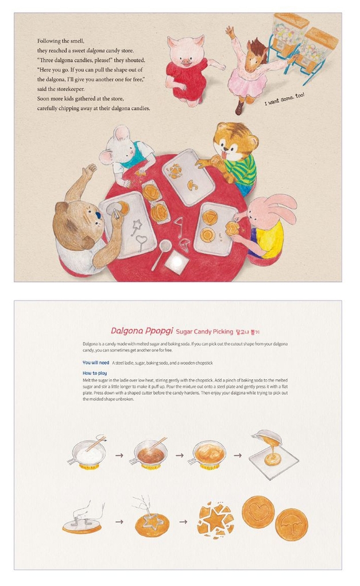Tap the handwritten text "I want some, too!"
point(285,99)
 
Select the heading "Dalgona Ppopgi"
point(142,331)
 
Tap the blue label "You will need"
point(96,363)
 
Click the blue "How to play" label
point(95,373)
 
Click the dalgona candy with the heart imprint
point(258,512)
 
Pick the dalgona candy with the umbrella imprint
point(291,525)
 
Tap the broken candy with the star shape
point(215,520)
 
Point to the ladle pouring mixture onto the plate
point(268,438)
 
